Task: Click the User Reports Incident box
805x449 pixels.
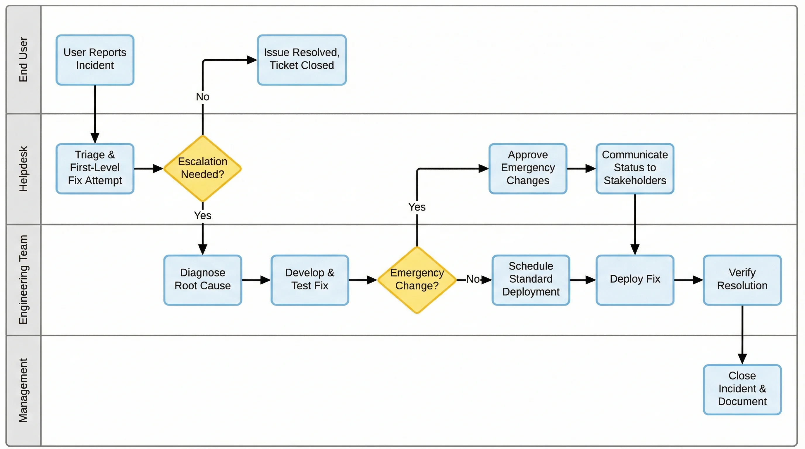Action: pyautogui.click(x=95, y=60)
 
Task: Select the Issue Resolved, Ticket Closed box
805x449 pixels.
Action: pyautogui.click(x=302, y=60)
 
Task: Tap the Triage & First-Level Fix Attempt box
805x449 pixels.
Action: pyautogui.click(x=95, y=168)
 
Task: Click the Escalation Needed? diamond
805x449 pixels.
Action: pyautogui.click(x=202, y=168)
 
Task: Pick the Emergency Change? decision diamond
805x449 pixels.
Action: pyautogui.click(x=417, y=279)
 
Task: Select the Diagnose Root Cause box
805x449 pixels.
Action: pyautogui.click(x=202, y=279)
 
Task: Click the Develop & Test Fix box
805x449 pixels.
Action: pyautogui.click(x=310, y=279)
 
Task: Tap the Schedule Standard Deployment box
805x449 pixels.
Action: pyautogui.click(x=531, y=279)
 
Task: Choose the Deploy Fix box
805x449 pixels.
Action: pyautogui.click(x=635, y=279)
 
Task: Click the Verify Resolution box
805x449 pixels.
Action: pyautogui.click(x=742, y=279)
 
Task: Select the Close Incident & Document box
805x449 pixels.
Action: pyautogui.click(x=742, y=389)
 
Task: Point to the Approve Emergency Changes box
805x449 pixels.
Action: pyautogui.click(x=527, y=168)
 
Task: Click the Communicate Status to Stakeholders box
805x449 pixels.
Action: pyautogui.click(x=635, y=168)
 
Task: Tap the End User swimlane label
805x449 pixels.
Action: pyautogui.click(x=23, y=59)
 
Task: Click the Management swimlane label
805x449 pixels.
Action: pyautogui.click(x=23, y=390)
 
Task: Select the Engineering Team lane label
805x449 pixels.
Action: pyautogui.click(x=23, y=279)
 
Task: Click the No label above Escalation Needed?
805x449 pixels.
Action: pyautogui.click(x=202, y=97)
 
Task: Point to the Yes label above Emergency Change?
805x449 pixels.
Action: pyautogui.click(x=417, y=207)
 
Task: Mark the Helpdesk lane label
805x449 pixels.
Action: pyautogui.click(x=23, y=169)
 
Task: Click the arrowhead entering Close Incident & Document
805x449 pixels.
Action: pyautogui.click(x=742, y=359)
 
